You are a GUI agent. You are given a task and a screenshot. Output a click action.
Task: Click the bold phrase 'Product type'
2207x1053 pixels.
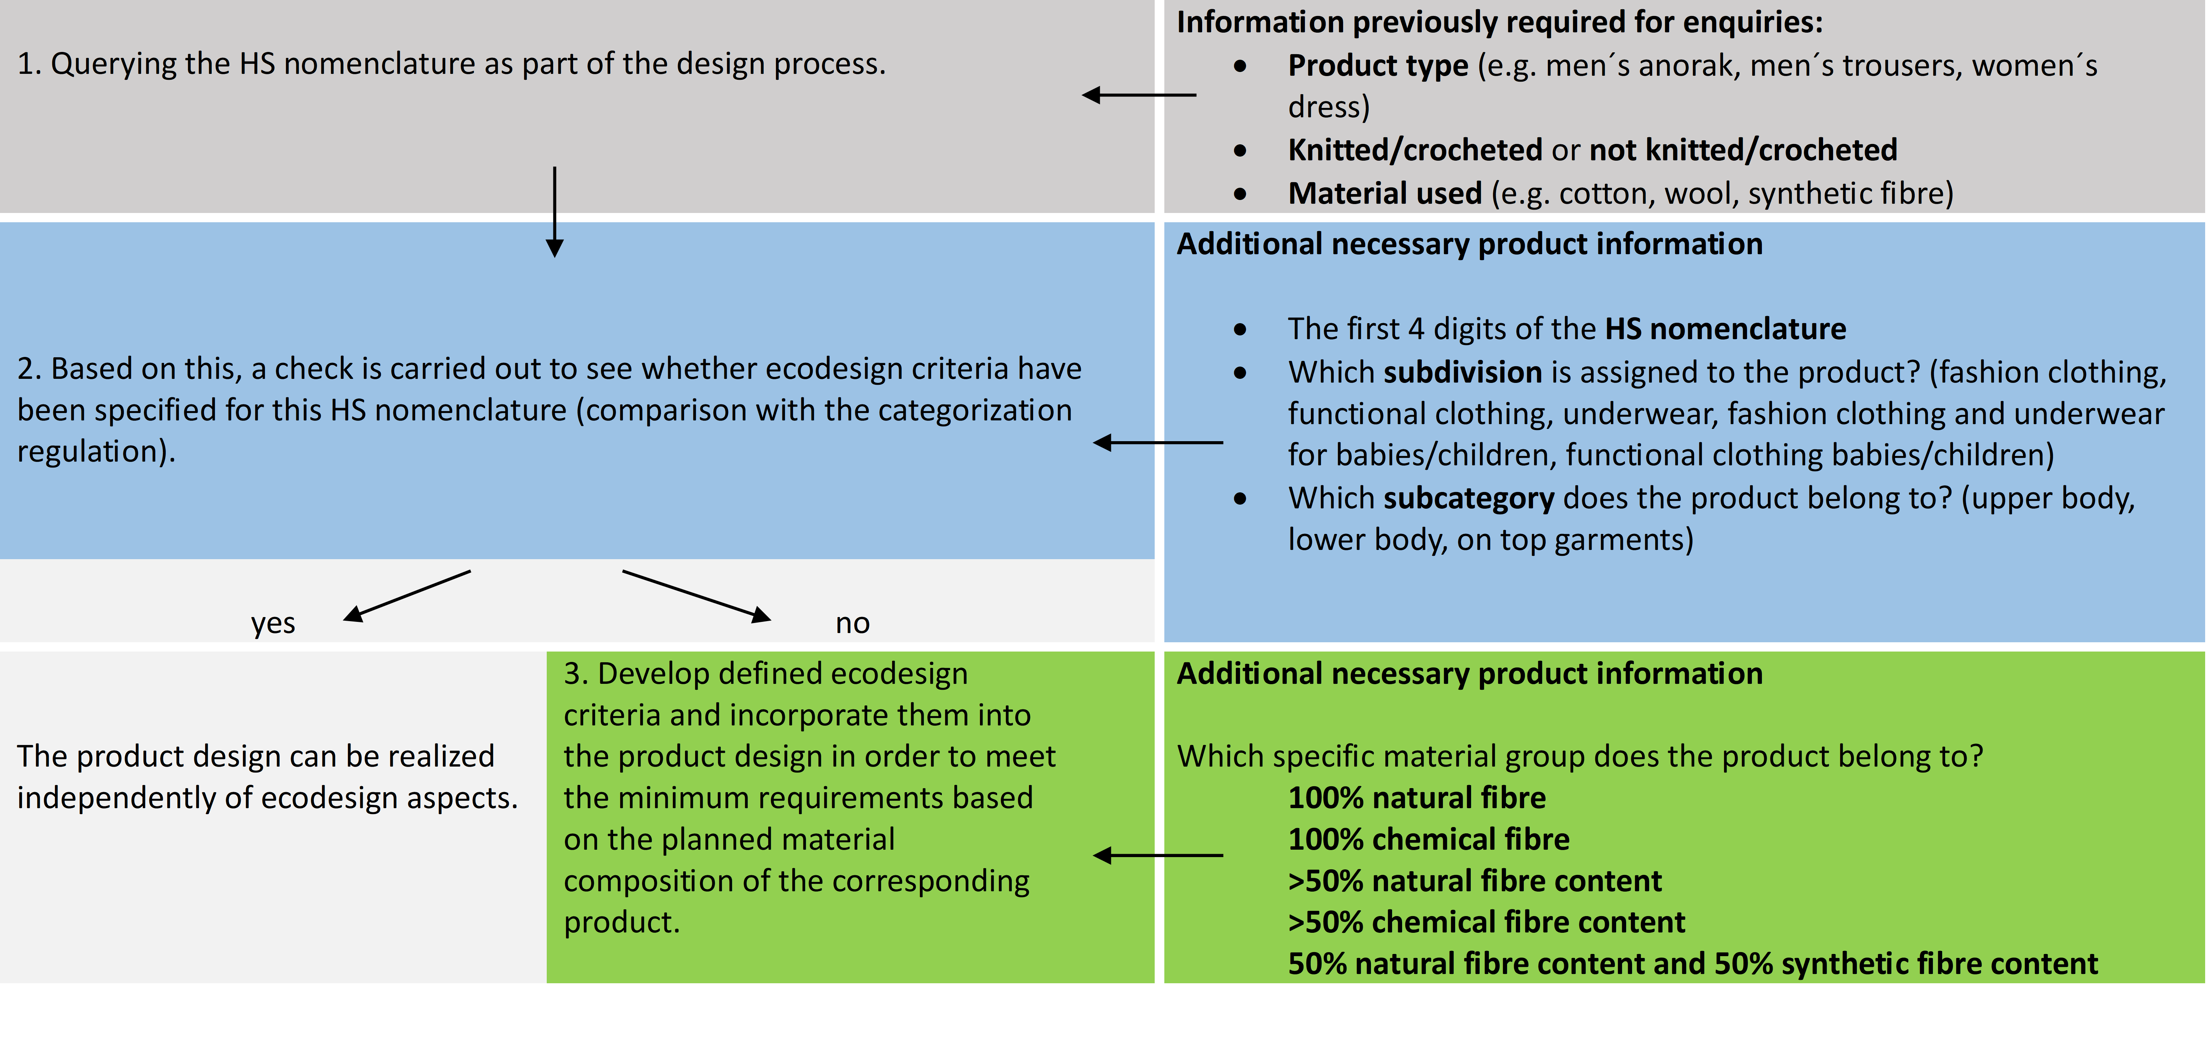coord(1378,65)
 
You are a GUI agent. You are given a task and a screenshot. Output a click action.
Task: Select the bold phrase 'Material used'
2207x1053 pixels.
coord(1385,194)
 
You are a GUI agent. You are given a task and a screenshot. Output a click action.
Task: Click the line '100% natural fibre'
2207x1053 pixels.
coord(1417,798)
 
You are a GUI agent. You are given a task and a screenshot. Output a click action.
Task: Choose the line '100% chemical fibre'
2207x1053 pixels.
coord(1428,839)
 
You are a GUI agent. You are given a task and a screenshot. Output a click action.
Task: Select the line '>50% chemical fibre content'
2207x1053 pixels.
coord(1486,922)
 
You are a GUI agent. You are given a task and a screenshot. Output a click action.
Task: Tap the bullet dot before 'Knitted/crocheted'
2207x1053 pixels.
coord(1241,151)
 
